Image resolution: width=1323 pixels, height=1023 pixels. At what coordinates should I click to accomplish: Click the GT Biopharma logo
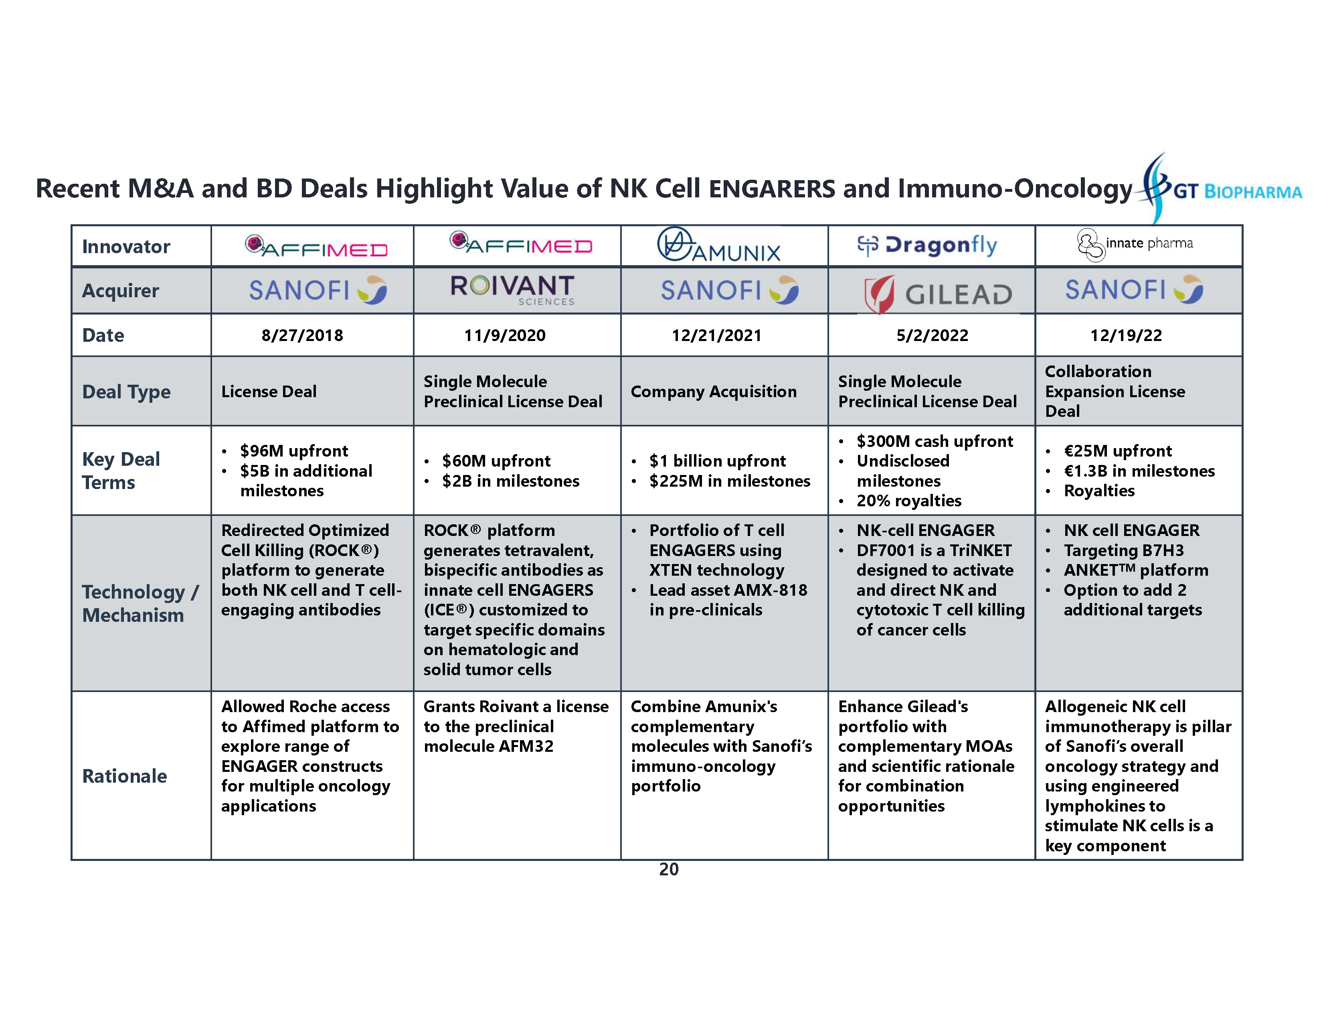click(x=1221, y=190)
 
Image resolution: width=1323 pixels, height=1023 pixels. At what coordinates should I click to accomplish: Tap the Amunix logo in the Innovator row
click(x=719, y=246)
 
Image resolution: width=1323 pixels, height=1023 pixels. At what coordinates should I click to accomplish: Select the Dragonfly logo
click(x=927, y=246)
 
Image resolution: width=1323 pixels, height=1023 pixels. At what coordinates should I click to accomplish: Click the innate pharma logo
click(x=1135, y=244)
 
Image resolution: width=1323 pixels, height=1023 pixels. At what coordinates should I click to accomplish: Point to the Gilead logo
click(x=938, y=294)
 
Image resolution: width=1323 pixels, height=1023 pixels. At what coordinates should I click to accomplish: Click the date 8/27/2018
click(x=302, y=335)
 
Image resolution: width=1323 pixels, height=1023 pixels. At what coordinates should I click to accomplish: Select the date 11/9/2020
click(x=505, y=335)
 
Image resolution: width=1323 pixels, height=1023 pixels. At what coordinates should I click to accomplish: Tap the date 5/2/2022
click(x=932, y=335)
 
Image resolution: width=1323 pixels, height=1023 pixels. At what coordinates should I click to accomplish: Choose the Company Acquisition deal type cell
click(x=714, y=392)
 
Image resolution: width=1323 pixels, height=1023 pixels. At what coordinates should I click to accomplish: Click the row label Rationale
click(x=124, y=776)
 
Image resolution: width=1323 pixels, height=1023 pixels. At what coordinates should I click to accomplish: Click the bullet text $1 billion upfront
click(x=717, y=461)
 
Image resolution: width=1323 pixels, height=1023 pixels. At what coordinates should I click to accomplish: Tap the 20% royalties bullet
click(x=908, y=501)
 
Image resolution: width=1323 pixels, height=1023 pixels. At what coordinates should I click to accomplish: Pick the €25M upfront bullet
click(x=1118, y=451)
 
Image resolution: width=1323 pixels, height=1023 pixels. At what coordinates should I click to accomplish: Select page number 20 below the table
click(x=669, y=869)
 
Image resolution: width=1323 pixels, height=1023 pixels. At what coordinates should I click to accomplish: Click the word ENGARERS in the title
click(x=772, y=189)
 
